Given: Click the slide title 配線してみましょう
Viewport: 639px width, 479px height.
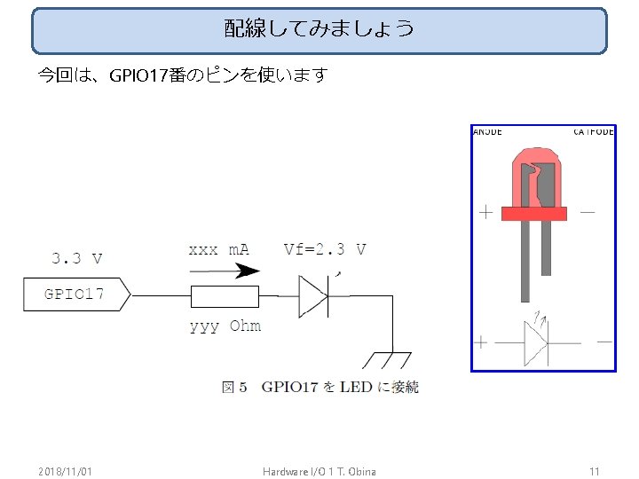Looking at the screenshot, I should (x=319, y=29).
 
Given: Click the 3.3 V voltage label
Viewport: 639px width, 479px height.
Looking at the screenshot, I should (x=76, y=259).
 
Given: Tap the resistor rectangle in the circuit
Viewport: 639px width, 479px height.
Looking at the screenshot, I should (x=225, y=295).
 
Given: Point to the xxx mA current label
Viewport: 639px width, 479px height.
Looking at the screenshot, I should (x=218, y=249).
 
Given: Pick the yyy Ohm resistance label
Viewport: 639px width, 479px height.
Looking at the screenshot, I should (x=225, y=326).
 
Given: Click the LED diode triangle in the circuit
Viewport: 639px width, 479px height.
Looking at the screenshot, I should (x=312, y=295).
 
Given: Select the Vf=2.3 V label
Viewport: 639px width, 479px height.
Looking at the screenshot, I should (x=325, y=249).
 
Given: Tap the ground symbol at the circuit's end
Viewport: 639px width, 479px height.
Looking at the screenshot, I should (x=386, y=359).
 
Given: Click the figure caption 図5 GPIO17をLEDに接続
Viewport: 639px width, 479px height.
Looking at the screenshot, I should (x=319, y=387).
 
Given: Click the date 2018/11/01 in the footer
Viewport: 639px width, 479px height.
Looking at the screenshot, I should (x=66, y=470).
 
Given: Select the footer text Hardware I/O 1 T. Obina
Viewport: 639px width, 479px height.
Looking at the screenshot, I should (x=319, y=470).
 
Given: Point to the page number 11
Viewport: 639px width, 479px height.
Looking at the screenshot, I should (x=595, y=470).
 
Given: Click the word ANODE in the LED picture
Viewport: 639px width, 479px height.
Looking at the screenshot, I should (x=487, y=131).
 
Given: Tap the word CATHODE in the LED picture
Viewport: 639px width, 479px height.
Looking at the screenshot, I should (x=593, y=131).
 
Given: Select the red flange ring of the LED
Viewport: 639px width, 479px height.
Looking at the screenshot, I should (x=533, y=213).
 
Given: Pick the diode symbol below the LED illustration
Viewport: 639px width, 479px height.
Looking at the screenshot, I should (x=536, y=341).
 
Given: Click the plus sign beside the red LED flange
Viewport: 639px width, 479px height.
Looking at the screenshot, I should (x=486, y=213).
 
